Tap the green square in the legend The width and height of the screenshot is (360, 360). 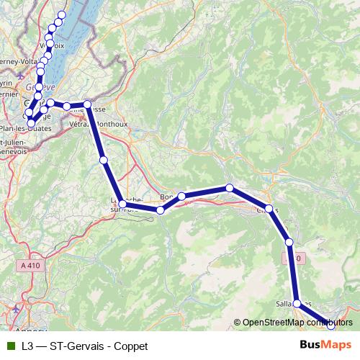click(x=10, y=346)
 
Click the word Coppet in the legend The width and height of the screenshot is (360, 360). click(x=130, y=346)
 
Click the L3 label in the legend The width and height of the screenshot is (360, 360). click(x=27, y=346)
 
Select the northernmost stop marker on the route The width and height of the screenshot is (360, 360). click(x=61, y=15)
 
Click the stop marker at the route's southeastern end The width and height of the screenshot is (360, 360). click(x=331, y=325)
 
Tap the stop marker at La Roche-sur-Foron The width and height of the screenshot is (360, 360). click(x=123, y=205)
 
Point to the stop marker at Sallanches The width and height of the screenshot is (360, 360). click(x=297, y=304)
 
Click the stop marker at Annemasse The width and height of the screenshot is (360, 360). click(x=88, y=106)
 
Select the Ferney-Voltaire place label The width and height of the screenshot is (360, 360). click(x=16, y=61)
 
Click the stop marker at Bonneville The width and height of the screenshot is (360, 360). click(x=182, y=196)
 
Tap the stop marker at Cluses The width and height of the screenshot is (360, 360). click(x=270, y=210)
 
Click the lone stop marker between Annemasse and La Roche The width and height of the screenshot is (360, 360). click(x=104, y=160)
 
